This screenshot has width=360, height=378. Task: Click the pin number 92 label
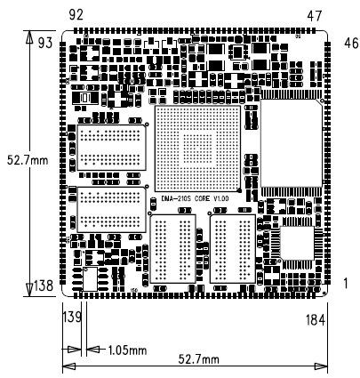pyautogui.click(x=76, y=14)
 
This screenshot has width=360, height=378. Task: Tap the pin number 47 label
pyautogui.click(x=315, y=16)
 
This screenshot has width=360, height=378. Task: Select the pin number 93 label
pyautogui.click(x=45, y=43)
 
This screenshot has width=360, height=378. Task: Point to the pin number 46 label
pyautogui.click(x=351, y=44)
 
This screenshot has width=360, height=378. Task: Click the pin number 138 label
pyautogui.click(x=44, y=286)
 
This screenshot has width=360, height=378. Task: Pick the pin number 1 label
pyautogui.click(x=346, y=284)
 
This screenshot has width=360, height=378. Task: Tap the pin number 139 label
pyautogui.click(x=72, y=318)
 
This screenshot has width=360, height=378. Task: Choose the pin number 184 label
pyautogui.click(x=316, y=320)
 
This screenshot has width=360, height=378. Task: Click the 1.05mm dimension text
pyautogui.click(x=127, y=350)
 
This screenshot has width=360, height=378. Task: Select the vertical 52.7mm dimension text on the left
pyautogui.click(x=28, y=160)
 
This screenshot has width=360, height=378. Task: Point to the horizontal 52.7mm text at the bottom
pyautogui.click(x=198, y=359)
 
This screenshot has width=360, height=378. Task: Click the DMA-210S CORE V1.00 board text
pyautogui.click(x=196, y=198)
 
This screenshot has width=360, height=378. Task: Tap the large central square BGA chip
pyautogui.click(x=197, y=149)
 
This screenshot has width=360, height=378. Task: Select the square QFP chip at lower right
pyautogui.click(x=297, y=243)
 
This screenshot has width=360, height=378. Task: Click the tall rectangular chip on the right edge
pyautogui.click(x=292, y=143)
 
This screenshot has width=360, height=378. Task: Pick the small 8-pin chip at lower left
pyautogui.click(x=91, y=279)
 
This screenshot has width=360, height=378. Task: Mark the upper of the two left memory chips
pyautogui.click(x=112, y=148)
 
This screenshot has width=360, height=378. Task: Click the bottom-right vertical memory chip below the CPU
pyautogui.click(x=233, y=248)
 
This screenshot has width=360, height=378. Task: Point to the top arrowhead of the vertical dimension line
pyautogui.click(x=29, y=37)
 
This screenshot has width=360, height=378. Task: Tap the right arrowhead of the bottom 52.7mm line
pyautogui.click(x=321, y=366)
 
